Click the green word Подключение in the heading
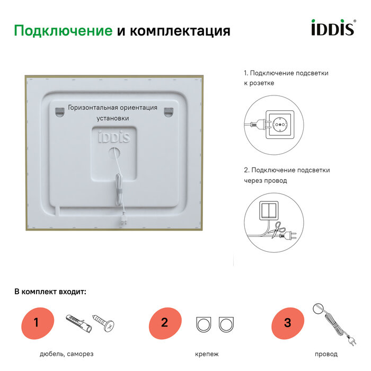pyautogui.click(x=63, y=31)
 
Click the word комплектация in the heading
pyautogui.click(x=180, y=31)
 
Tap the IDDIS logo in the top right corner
pyautogui.click(x=332, y=28)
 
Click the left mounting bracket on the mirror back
pyautogui.click(x=58, y=110)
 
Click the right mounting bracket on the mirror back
pyautogui.click(x=169, y=110)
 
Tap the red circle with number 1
pyautogui.click(x=37, y=322)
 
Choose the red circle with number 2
pyautogui.click(x=164, y=322)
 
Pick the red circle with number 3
pyautogui.click(x=287, y=322)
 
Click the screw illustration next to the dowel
pyautogui.click(x=104, y=322)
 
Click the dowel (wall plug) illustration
pyautogui.click(x=76, y=321)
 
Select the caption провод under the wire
pyautogui.click(x=325, y=354)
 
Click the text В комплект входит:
pyautogui.click(x=50, y=291)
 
